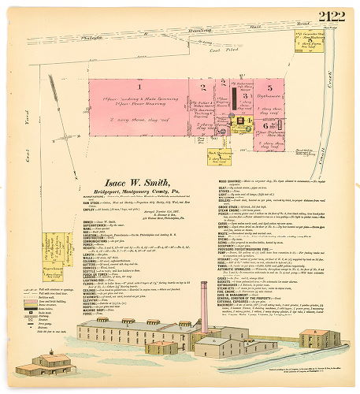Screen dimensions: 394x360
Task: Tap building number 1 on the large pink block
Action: pos(139,86)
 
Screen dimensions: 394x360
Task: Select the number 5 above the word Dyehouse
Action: pos(268,86)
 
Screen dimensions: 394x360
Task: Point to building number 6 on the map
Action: pos(268,125)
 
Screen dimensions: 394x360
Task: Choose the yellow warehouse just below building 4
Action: pos(208,154)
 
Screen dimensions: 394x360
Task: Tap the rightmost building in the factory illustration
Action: pos(319,338)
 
